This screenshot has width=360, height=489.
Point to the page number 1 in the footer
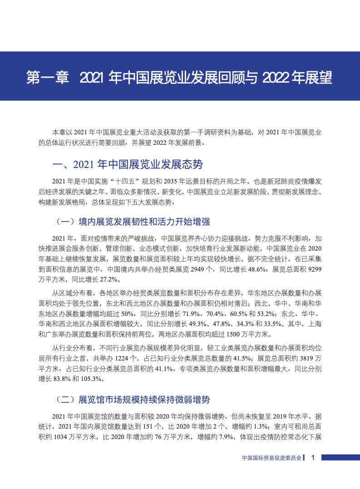click(x=313, y=458)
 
